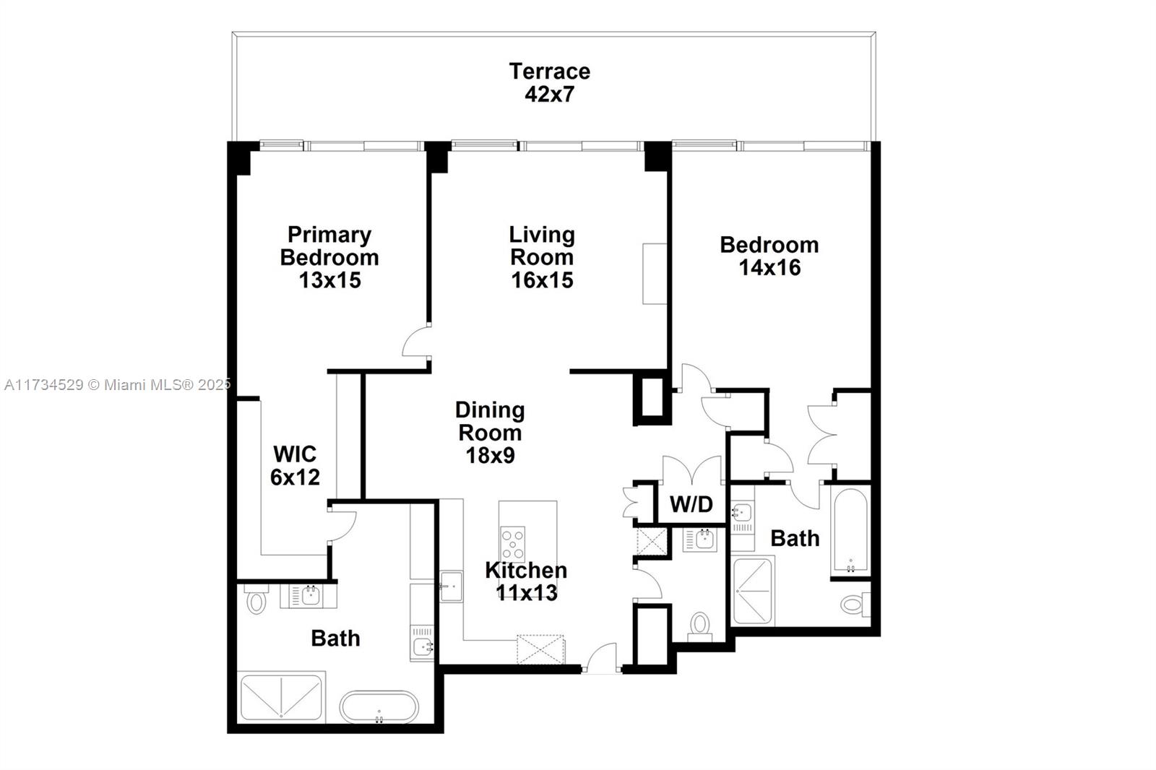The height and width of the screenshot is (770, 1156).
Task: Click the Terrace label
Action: (550, 72)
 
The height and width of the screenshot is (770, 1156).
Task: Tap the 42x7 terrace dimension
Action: (550, 95)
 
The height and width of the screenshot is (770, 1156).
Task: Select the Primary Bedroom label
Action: (329, 246)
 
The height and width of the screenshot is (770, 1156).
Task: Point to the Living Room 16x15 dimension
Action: (542, 280)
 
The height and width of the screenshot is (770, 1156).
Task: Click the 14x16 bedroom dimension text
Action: (769, 268)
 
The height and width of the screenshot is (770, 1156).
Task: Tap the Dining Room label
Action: (490, 421)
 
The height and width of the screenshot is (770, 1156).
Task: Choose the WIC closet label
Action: (295, 454)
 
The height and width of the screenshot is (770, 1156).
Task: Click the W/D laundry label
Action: (691, 504)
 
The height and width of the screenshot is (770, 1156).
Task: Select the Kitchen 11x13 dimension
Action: (527, 593)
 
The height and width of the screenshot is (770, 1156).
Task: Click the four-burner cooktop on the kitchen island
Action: (512, 544)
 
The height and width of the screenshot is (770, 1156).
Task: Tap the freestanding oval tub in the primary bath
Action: (379, 707)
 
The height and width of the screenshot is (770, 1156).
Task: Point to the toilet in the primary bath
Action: (256, 599)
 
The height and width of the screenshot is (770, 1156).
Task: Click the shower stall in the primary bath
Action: (282, 697)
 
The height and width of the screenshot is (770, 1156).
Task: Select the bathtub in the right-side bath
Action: (850, 530)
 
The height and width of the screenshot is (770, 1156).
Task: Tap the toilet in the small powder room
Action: (700, 626)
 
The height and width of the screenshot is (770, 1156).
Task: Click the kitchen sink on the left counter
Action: (451, 587)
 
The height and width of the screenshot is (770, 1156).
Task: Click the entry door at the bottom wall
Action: (603, 657)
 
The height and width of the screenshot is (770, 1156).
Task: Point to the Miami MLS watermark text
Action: (117, 384)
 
